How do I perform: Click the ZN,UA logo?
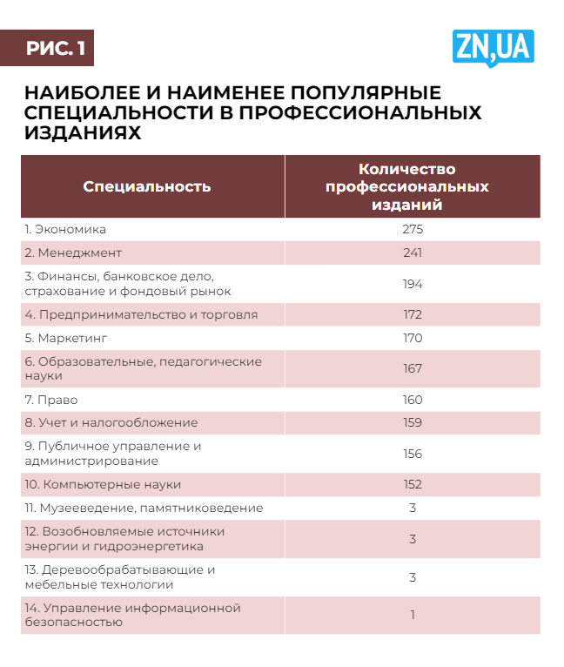(x=493, y=47)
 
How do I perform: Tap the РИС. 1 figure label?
(x=56, y=49)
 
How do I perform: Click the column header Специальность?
(x=147, y=186)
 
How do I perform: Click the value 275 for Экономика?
(x=413, y=230)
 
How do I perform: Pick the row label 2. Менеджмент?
(x=73, y=253)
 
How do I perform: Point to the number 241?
(x=413, y=253)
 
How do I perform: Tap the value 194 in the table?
(x=413, y=284)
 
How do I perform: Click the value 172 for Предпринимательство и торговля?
(x=413, y=314)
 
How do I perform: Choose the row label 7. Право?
(x=51, y=400)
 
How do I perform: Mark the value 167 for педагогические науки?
(x=413, y=368)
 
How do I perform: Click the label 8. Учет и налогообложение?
(x=111, y=422)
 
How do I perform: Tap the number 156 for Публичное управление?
(x=413, y=454)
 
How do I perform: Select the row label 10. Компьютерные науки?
(x=103, y=484)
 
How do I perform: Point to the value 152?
(x=413, y=484)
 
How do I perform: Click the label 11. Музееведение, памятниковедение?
(x=144, y=508)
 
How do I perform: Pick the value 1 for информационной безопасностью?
(x=413, y=615)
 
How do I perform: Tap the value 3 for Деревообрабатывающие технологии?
(x=413, y=577)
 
